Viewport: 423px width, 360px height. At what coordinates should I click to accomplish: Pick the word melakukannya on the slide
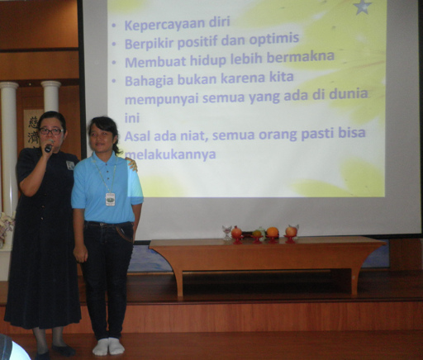[x=170, y=154]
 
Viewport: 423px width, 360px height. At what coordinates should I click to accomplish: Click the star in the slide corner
[x=361, y=7]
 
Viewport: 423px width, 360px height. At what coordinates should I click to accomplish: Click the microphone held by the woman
[x=49, y=146]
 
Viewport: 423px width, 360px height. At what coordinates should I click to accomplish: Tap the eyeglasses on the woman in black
[x=51, y=131]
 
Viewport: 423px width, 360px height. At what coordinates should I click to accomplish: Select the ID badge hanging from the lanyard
[x=111, y=199]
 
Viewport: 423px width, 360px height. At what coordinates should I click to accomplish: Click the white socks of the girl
[x=108, y=346]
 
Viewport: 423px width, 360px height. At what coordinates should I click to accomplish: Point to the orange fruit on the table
[x=273, y=232]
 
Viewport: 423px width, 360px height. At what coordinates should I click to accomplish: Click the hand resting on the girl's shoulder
[x=132, y=163]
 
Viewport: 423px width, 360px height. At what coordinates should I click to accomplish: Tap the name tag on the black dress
[x=70, y=165]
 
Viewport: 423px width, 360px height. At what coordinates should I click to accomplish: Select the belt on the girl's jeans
[x=108, y=224]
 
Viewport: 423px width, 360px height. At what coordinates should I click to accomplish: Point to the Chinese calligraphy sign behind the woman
[x=33, y=129]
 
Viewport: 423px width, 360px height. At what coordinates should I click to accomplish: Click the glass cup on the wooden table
[x=227, y=233]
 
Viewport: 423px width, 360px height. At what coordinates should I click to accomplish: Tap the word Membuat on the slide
[x=155, y=62]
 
